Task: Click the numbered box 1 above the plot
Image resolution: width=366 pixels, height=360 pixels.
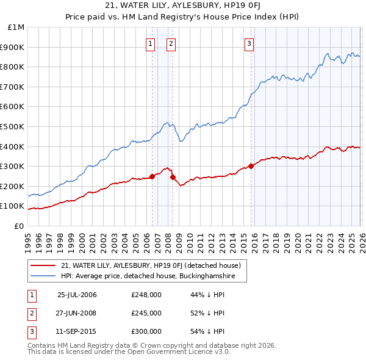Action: tap(151, 43)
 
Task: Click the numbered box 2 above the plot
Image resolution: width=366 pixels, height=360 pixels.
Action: tap(171, 43)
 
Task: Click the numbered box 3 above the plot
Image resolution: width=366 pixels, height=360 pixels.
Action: tap(249, 43)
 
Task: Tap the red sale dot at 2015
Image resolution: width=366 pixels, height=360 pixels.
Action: tap(251, 166)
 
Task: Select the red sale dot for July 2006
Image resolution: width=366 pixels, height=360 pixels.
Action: tap(152, 176)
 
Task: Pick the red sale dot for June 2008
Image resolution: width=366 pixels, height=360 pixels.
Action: tap(173, 177)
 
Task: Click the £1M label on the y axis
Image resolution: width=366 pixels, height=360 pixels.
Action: tap(16, 27)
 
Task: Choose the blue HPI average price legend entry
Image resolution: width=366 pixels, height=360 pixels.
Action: tap(152, 276)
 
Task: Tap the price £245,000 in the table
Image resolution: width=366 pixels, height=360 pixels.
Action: tap(146, 313)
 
